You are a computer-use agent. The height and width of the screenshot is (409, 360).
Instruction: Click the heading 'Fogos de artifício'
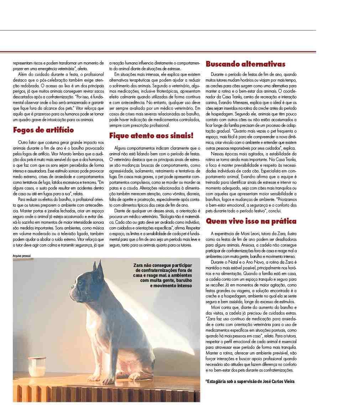tap(43, 130)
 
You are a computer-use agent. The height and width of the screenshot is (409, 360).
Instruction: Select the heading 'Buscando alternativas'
tap(245, 64)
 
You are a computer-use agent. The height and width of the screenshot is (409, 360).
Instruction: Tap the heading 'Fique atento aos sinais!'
tap(151, 136)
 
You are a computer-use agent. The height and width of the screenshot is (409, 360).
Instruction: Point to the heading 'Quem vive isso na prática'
tap(251, 222)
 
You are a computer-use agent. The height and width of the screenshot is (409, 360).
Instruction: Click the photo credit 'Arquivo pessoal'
tap(22, 256)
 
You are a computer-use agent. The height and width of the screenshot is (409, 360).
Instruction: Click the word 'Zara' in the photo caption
tap(139, 266)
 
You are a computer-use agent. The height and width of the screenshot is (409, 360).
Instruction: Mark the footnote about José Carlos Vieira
tap(250, 382)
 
